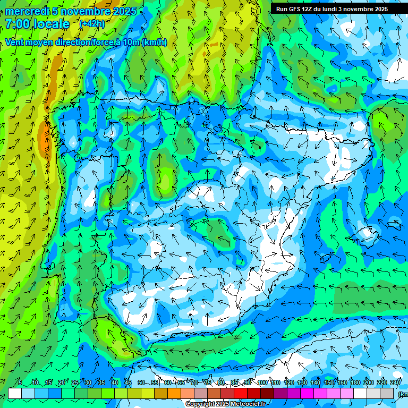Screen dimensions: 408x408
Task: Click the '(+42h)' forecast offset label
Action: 92,24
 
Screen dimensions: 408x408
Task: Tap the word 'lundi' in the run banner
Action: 331,9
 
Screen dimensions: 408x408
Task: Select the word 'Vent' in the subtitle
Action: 14,42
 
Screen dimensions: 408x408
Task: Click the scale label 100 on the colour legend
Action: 262,382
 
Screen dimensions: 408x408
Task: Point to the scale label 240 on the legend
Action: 395,382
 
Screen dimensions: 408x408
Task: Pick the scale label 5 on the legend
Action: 20,382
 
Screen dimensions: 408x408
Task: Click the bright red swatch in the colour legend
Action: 241,393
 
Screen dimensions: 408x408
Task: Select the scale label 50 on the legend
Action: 141,382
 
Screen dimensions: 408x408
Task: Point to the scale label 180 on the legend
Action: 354,382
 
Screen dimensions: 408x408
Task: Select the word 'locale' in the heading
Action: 52,24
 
